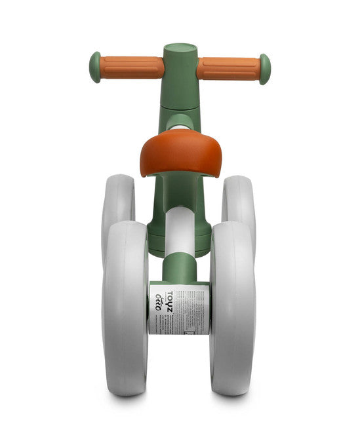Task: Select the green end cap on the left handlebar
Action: pos(96,67)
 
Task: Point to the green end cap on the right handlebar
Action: pos(264,68)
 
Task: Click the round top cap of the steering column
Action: pos(180,49)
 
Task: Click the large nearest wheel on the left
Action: pos(125,308)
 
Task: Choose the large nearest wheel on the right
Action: pos(233,308)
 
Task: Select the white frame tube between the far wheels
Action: pos(179,229)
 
